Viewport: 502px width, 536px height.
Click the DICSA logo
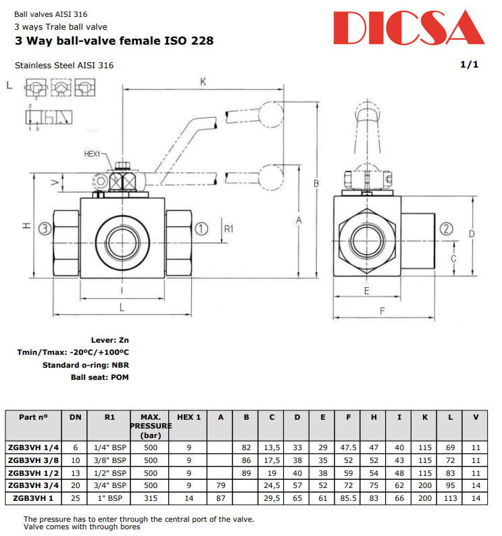(x=410, y=28)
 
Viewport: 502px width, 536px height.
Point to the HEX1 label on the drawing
(x=92, y=154)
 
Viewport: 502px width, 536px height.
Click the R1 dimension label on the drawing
(x=228, y=229)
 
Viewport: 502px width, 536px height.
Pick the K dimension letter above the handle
(x=202, y=82)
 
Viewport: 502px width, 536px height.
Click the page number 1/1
(x=469, y=65)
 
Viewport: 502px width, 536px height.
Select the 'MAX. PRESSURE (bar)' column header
(x=150, y=427)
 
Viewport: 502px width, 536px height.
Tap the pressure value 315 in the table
(x=150, y=498)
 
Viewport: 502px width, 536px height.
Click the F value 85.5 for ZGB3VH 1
(x=349, y=498)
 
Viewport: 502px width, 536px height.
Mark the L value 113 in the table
(x=450, y=498)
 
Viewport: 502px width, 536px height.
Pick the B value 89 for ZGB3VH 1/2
(x=247, y=472)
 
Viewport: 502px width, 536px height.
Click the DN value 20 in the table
(x=75, y=485)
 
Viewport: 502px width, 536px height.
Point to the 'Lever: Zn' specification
(x=109, y=340)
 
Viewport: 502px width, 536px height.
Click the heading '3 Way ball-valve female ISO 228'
(x=114, y=41)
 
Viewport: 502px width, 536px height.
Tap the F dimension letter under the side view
(x=382, y=311)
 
